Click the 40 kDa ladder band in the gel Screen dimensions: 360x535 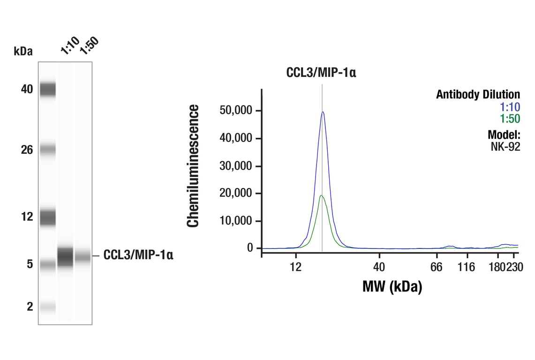coord(47,89)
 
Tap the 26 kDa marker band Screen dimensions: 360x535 coord(47,150)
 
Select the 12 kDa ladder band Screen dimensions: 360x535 coord(47,217)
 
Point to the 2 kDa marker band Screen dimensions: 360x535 coord(47,307)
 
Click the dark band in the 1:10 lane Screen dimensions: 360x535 coord(65,256)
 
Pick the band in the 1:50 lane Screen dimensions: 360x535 coord(83,256)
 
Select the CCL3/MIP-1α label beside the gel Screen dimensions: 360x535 coord(138,255)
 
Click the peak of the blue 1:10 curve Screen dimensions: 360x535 coord(323,112)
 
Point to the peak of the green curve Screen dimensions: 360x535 coord(321,195)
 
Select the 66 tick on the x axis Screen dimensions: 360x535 coord(437,267)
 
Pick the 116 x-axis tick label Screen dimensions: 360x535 coord(466,267)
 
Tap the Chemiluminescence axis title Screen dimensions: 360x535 coord(193,166)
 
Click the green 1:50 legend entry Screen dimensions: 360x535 coord(510,119)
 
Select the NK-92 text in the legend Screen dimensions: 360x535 coord(506,147)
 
